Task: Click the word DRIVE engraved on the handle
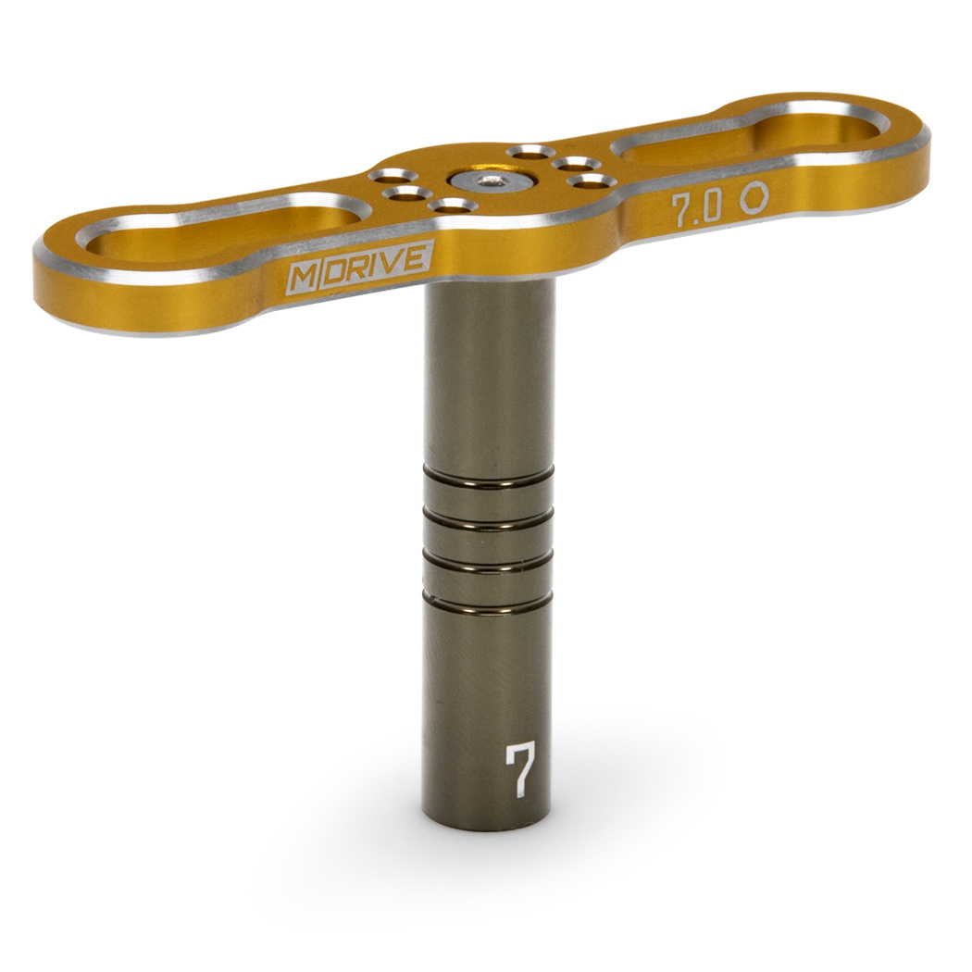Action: click(x=375, y=263)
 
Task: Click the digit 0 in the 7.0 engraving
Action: click(x=713, y=206)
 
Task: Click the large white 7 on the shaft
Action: click(x=521, y=769)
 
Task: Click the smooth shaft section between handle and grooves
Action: click(x=489, y=380)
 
